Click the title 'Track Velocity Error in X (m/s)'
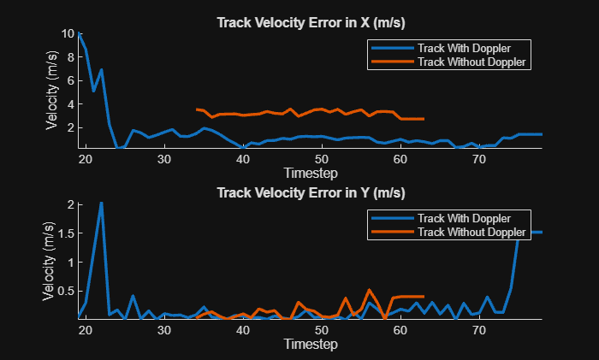pyautogui.click(x=311, y=22)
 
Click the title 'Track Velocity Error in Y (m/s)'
pyautogui.click(x=311, y=192)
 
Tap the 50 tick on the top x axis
pyautogui.click(x=322, y=159)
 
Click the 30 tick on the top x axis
pyautogui.click(x=164, y=159)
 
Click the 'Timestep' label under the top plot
pyautogui.click(x=311, y=172)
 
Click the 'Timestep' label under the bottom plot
pyautogui.click(x=311, y=343)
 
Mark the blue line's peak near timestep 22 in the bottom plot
pyautogui.click(x=101, y=204)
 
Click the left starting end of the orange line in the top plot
pyautogui.click(x=197, y=109)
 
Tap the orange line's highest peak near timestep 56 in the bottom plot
pyautogui.click(x=369, y=290)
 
